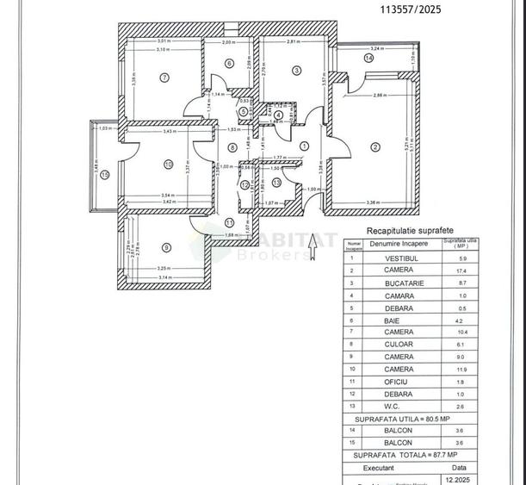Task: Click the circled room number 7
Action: point(164,78)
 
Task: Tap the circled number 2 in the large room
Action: point(374,147)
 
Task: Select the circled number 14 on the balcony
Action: point(368,59)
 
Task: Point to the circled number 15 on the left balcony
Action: point(104,174)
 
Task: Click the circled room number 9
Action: point(165,248)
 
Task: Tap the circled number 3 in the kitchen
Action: point(295,71)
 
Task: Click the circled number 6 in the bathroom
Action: point(229,63)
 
